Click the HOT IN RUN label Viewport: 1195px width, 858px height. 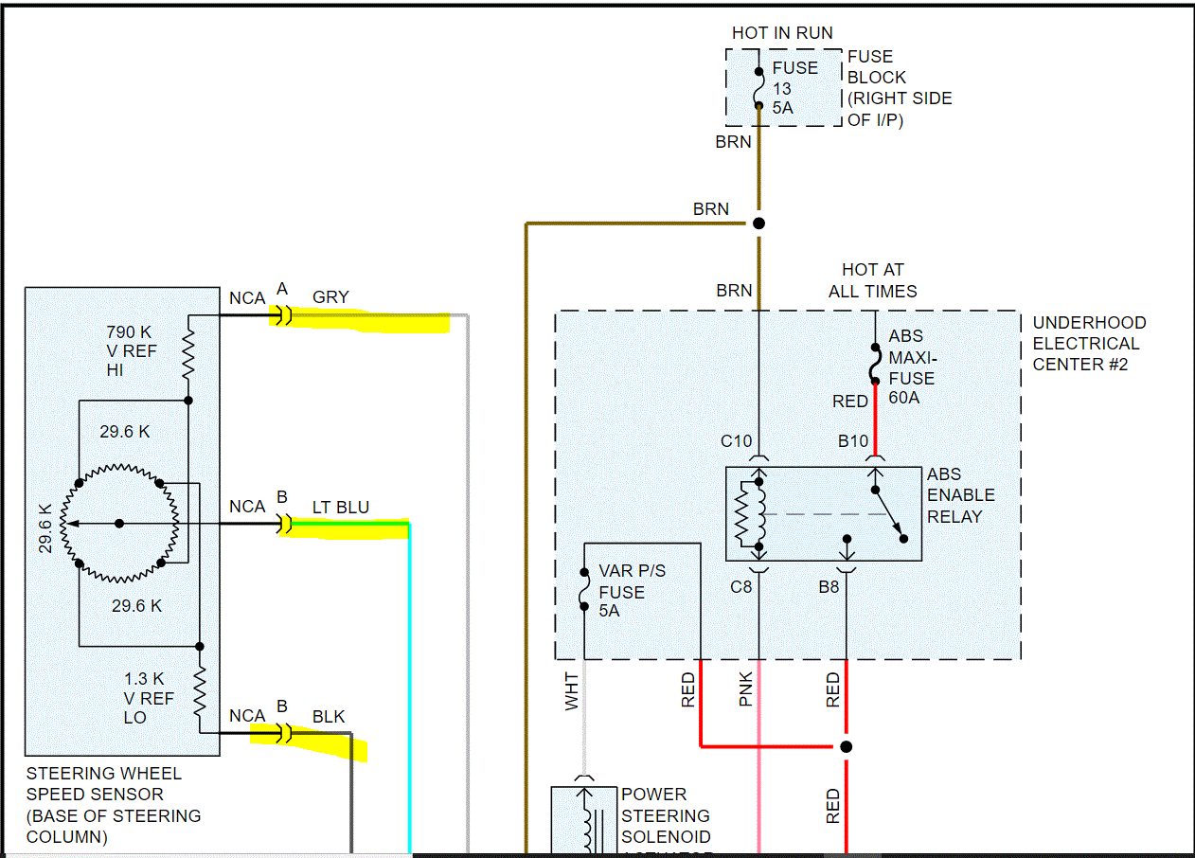pos(782,33)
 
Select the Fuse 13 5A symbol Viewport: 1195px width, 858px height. pos(758,88)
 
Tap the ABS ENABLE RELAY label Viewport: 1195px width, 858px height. pos(960,495)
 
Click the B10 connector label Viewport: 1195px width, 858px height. pos(852,440)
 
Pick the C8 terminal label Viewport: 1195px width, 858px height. pos(740,586)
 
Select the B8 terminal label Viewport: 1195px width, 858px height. pos(829,586)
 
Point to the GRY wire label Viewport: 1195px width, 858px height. pos(330,297)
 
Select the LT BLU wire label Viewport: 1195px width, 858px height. pos(341,508)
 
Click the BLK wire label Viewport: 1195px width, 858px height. pos(329,717)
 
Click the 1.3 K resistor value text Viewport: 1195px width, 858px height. pos(144,679)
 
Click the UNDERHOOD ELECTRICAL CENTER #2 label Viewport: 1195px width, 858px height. pos(1088,343)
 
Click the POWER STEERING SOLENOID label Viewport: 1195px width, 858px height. pos(666,815)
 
